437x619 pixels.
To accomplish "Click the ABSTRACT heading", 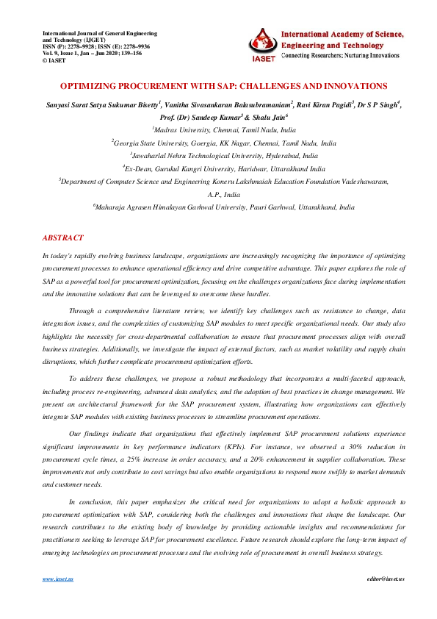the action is coord(64,238).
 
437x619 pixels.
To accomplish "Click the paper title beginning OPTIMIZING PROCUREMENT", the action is coord(218,86).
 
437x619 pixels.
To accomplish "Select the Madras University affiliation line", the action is coord(218,128).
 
